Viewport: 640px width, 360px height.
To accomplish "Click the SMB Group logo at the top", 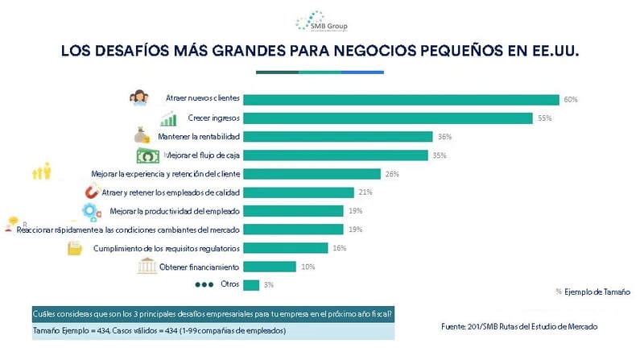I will point(319,20).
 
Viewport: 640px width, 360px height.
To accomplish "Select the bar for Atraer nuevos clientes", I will point(401,100).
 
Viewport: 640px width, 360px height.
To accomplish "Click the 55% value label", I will point(544,118).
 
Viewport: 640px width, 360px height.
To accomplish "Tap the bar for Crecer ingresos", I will point(387,118).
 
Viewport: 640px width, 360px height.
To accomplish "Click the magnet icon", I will point(93,192).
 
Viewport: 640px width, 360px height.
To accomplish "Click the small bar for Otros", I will point(250,285).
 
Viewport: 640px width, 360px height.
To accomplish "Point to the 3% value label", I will point(270,285).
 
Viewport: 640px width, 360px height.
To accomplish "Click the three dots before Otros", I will point(205,285).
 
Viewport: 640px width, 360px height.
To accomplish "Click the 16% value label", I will point(339,248).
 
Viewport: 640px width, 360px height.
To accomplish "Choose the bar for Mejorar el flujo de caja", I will point(335,155).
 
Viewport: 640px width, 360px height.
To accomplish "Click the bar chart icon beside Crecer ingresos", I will point(168,119).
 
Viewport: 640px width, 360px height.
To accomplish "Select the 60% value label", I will point(571,100).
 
